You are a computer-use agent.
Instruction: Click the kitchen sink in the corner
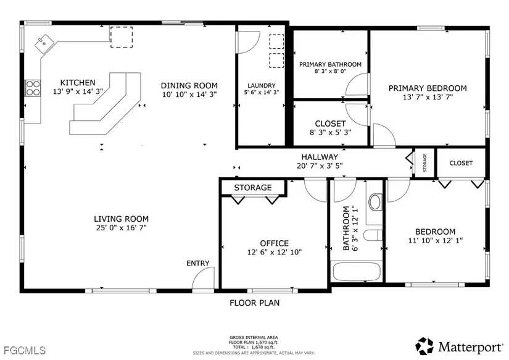44,43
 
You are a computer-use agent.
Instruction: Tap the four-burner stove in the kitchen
33,88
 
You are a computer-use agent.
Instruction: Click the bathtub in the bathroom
357,271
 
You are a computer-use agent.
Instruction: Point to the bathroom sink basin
375,202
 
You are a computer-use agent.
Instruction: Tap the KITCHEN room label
78,83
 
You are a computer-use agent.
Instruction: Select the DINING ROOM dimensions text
189,94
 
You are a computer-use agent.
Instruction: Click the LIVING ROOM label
122,219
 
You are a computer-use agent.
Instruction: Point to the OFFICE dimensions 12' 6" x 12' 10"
275,252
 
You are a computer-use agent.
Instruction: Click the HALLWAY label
320,157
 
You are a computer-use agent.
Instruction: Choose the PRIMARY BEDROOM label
428,88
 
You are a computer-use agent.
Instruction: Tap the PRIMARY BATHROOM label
331,64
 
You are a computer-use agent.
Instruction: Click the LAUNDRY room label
262,85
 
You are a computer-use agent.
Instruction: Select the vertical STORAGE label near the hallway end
424,162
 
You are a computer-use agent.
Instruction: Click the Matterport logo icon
424,346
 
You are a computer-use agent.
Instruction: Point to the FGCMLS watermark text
25,350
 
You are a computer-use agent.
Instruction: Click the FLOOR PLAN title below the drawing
254,303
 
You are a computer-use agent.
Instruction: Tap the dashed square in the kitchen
122,37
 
